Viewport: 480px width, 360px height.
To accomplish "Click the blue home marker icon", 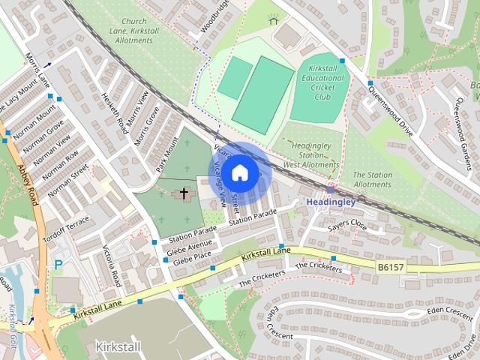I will tap(239, 172).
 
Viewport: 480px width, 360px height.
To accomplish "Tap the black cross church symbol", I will tap(184, 194).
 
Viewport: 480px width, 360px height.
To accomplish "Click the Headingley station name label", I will tap(334, 202).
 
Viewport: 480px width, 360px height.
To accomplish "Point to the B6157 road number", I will tap(390, 266).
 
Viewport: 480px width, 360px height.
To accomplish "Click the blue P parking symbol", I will tap(58, 264).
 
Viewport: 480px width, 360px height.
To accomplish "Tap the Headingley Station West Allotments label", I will tap(310, 155).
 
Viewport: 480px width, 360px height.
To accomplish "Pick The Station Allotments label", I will tap(372, 179).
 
